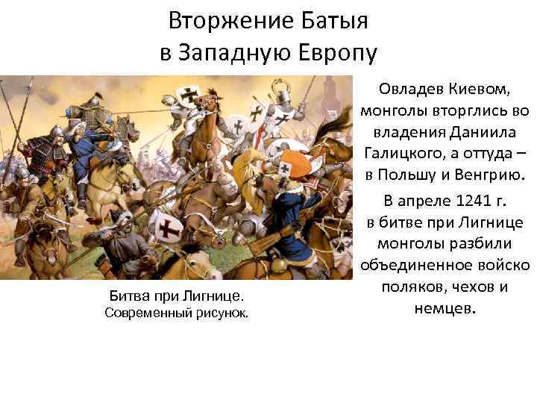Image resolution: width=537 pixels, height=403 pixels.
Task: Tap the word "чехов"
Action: (462, 287)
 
